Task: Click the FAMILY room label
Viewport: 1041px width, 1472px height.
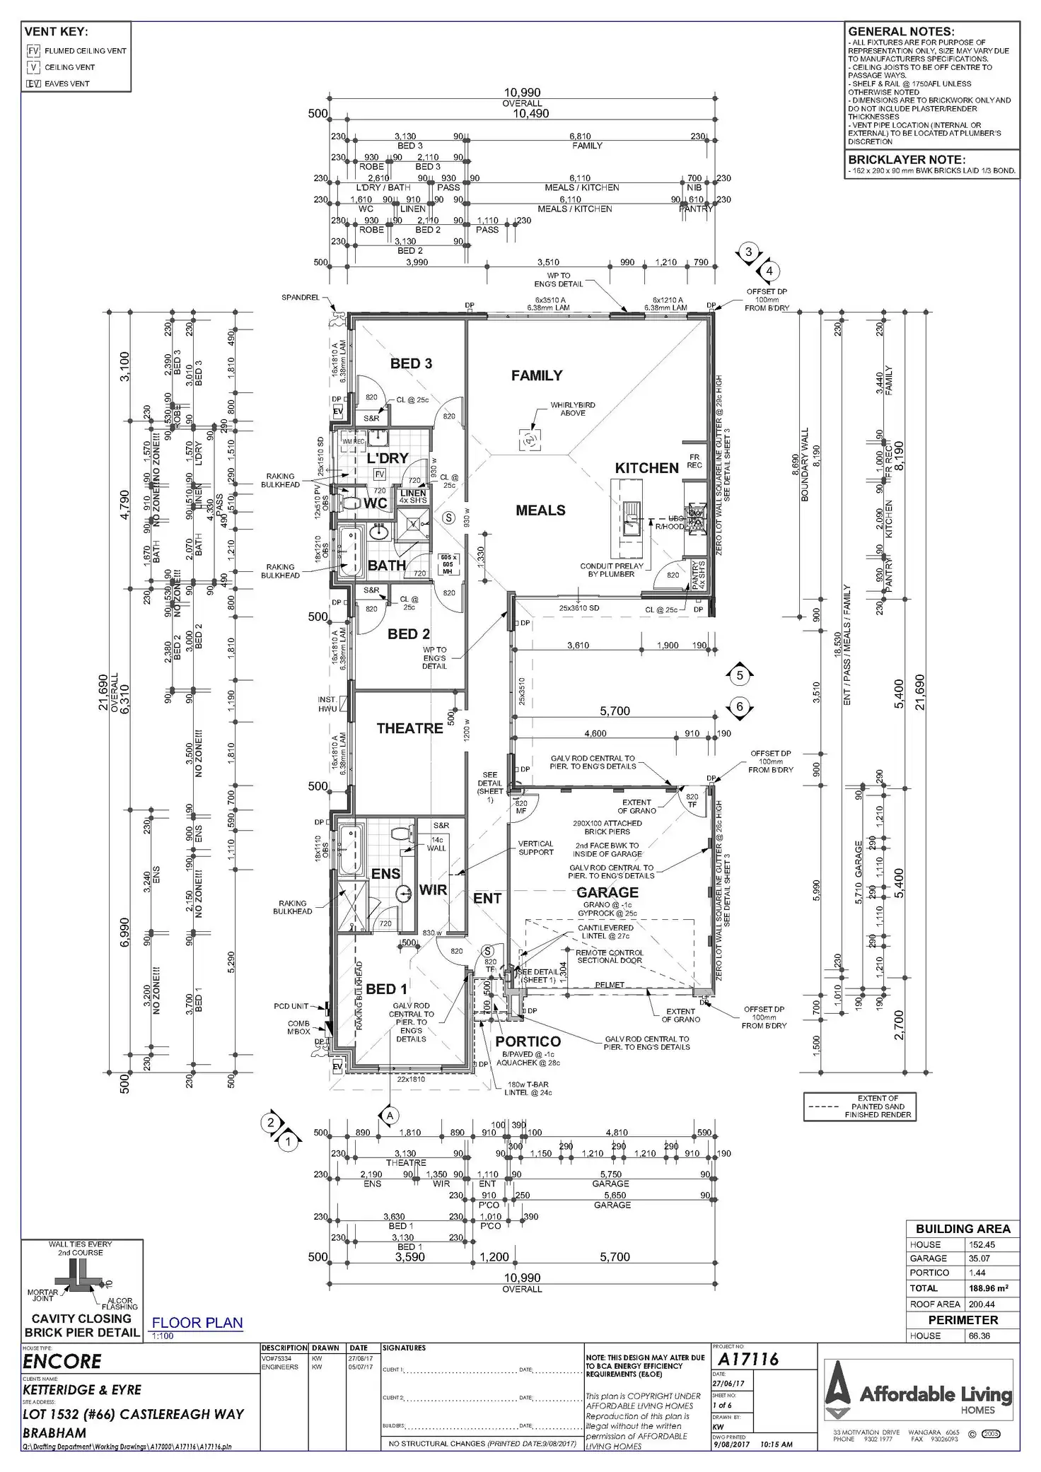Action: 537,375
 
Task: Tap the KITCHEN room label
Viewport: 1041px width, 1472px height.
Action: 646,468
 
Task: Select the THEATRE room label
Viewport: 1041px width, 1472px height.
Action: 409,728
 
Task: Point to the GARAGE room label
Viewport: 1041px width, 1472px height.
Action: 607,892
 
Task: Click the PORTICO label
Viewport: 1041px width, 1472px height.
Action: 528,1041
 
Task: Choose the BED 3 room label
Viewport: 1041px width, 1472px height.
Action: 411,363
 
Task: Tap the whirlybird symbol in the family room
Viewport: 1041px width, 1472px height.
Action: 529,440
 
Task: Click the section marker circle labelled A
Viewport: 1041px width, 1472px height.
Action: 390,1115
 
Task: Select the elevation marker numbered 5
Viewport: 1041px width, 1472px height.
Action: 740,675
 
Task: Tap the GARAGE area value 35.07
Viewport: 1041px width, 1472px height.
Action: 979,1258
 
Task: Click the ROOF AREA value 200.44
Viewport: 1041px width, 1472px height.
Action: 982,1304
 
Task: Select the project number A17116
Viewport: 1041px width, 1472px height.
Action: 748,1359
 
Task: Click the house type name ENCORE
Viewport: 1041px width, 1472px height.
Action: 62,1361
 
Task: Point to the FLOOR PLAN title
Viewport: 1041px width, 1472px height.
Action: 197,1323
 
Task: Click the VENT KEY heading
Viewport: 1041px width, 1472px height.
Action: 56,32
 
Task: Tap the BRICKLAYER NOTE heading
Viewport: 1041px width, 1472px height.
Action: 907,160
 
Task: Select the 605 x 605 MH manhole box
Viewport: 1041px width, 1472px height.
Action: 448,564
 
